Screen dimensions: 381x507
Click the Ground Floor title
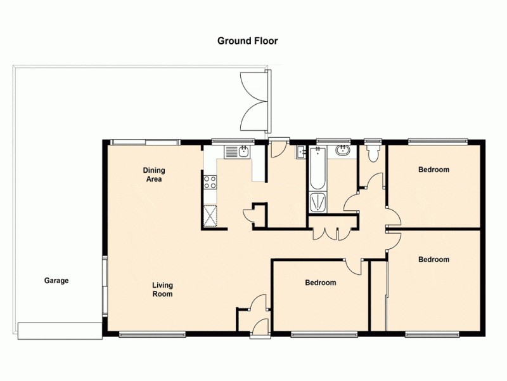pos(247,41)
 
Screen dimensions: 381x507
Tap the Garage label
pos(56,281)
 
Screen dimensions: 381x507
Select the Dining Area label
pos(153,175)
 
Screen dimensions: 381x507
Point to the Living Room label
pos(162,290)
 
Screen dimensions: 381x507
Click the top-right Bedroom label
pos(433,170)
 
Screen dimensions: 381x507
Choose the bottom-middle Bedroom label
pos(320,283)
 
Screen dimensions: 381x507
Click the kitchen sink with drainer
pos(238,152)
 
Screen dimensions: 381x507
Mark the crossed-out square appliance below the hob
pos(211,216)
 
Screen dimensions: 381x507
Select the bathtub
pos(318,169)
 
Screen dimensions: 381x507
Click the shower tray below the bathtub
pos(318,202)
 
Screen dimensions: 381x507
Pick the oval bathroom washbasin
pos(343,151)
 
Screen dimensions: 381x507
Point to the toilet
pos(373,152)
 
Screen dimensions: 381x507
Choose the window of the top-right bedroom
pos(437,141)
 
